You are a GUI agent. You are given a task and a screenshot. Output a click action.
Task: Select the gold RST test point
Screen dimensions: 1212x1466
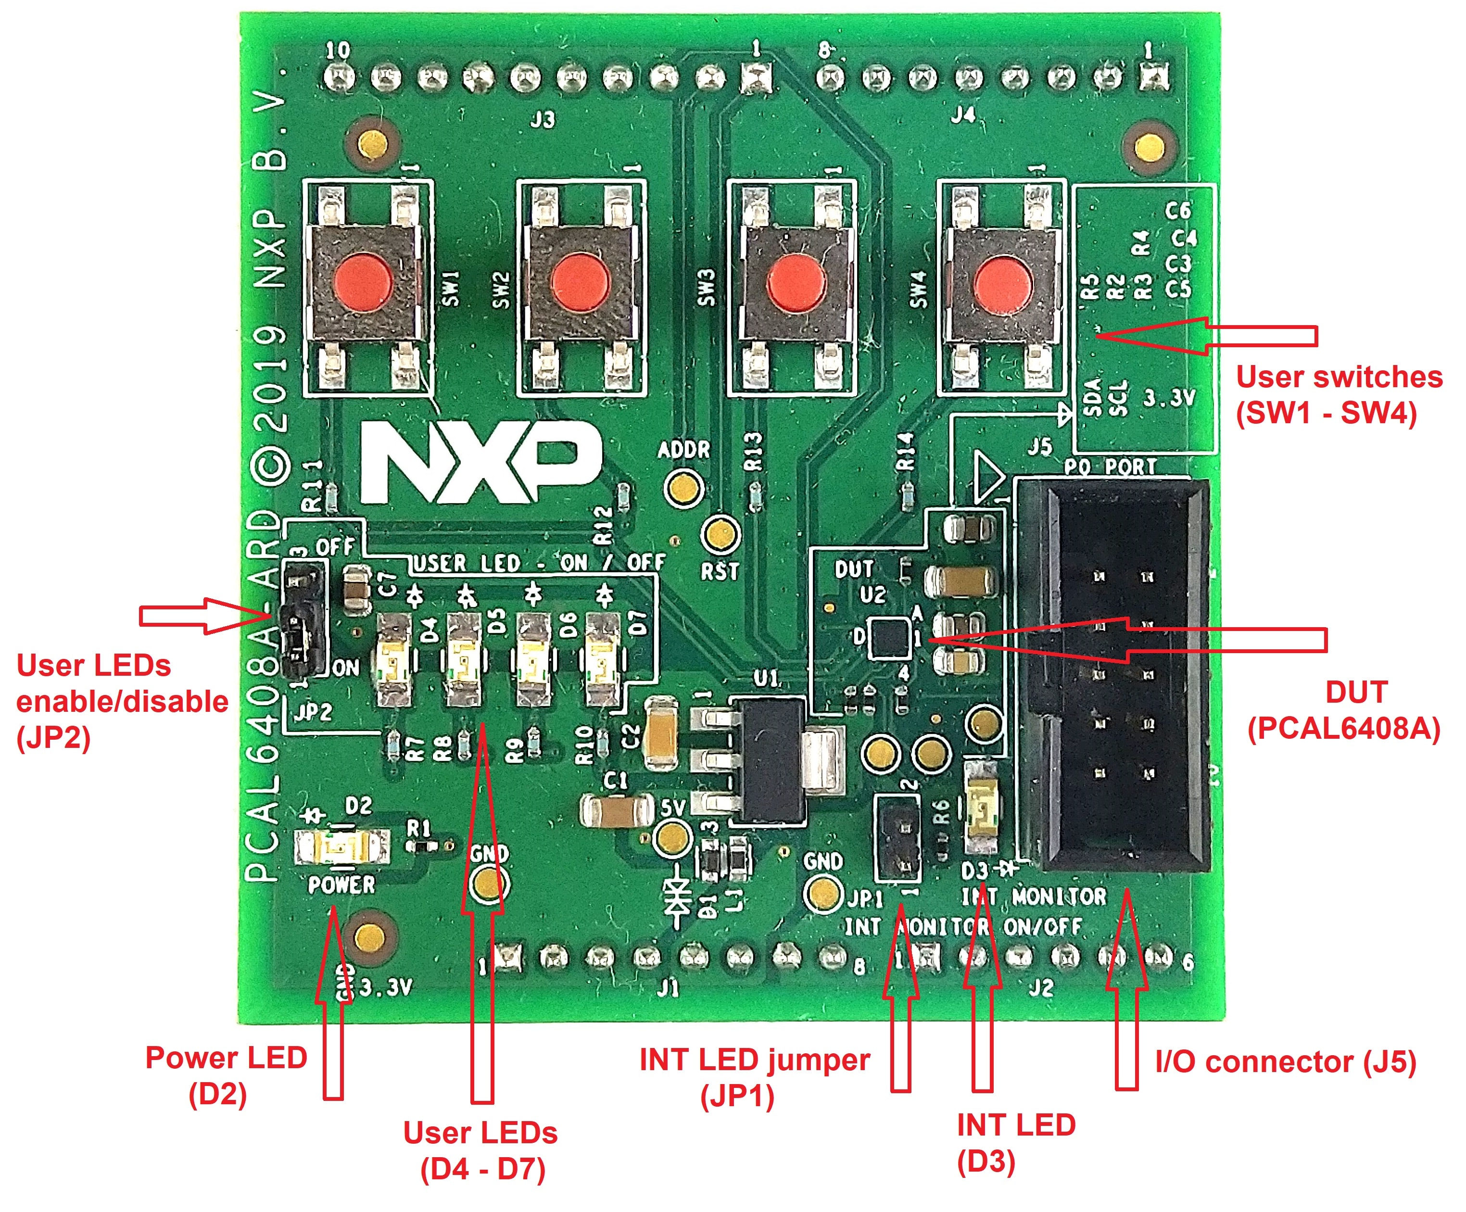[720, 535]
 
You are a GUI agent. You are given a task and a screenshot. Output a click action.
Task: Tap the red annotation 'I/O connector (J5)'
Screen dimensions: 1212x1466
[1285, 1062]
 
